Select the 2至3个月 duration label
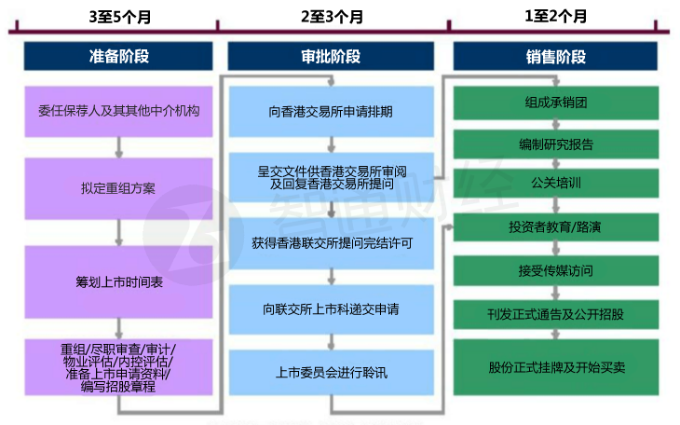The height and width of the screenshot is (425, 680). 333,16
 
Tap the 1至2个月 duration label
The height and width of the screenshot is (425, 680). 556,16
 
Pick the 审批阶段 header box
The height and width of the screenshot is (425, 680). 333,56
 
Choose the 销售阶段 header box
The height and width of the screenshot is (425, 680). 556,56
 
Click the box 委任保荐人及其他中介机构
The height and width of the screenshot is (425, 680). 118,111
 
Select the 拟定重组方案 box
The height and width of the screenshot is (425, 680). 118,188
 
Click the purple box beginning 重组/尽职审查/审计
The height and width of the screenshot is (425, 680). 118,367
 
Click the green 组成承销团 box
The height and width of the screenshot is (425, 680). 556,102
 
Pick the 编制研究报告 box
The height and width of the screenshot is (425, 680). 556,144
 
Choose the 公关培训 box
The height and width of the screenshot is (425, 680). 556,184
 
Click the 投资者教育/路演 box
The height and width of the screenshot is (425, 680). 556,226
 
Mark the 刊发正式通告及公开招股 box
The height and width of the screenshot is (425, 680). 556,314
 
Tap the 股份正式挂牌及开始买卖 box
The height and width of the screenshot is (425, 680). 556,367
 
